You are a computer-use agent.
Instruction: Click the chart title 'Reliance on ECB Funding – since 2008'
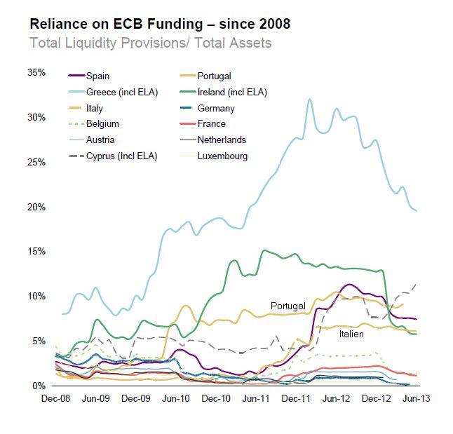click(x=160, y=24)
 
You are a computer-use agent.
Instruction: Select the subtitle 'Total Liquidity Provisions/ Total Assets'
click(x=151, y=43)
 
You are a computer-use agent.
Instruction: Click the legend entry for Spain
click(x=97, y=76)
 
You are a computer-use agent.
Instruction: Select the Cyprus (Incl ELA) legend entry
click(x=121, y=156)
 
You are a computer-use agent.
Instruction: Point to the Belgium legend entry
click(x=102, y=124)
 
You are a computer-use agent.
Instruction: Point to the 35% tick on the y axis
click(x=36, y=72)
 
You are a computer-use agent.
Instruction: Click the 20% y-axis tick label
click(x=36, y=207)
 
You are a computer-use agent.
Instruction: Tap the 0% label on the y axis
click(x=39, y=386)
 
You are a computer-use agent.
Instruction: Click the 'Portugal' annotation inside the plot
click(x=288, y=306)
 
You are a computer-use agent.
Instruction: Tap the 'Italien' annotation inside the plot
click(x=351, y=335)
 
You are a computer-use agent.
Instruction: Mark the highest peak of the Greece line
click(x=310, y=100)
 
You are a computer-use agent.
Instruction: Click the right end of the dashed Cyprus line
click(x=417, y=284)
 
